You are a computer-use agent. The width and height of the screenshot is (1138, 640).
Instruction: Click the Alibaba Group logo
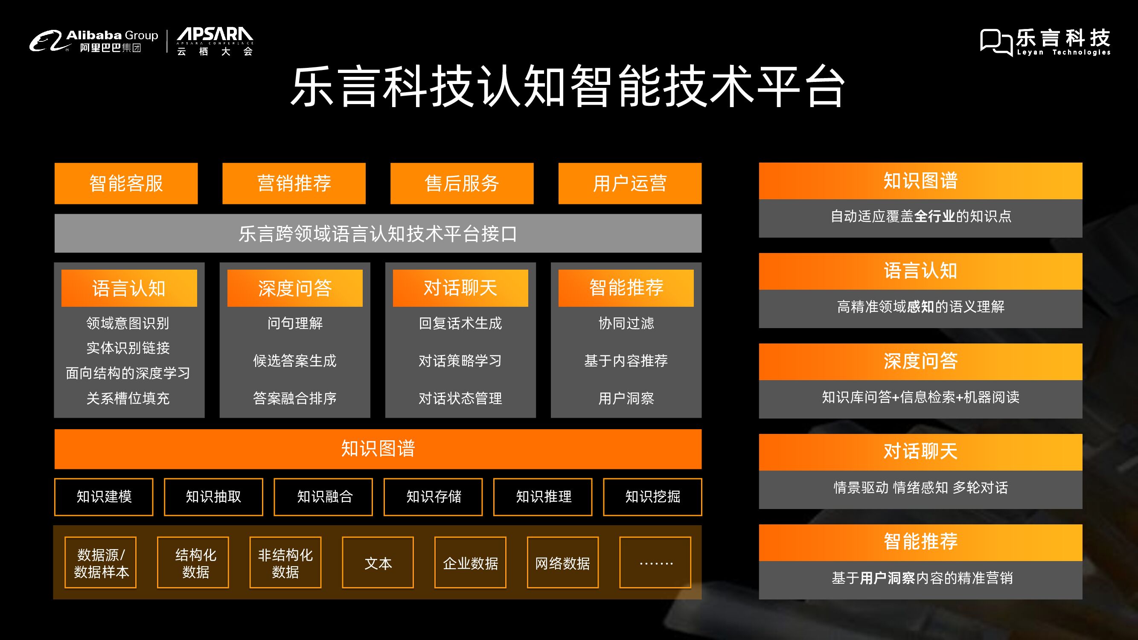pyautogui.click(x=93, y=41)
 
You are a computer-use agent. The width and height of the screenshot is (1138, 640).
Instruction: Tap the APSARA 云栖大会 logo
pyautogui.click(x=215, y=41)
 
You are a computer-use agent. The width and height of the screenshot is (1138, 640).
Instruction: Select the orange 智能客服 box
pyautogui.click(x=126, y=183)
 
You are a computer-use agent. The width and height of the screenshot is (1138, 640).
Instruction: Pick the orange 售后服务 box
pyautogui.click(x=462, y=183)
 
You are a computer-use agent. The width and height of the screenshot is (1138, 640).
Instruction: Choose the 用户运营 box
pyautogui.click(x=629, y=183)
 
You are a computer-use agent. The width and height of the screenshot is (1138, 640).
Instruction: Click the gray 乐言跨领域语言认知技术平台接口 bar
pyautogui.click(x=378, y=233)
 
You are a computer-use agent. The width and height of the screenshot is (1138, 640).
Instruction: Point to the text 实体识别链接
pyautogui.click(x=128, y=348)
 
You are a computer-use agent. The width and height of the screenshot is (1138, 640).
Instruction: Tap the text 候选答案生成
pyautogui.click(x=295, y=361)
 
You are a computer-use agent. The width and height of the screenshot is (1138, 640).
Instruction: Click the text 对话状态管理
pyautogui.click(x=460, y=399)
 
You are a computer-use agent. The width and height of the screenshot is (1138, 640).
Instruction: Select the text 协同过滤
pyautogui.click(x=626, y=323)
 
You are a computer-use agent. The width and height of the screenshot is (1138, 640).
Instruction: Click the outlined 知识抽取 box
pyautogui.click(x=213, y=497)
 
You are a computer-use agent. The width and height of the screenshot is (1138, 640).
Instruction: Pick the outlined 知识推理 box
pyautogui.click(x=543, y=497)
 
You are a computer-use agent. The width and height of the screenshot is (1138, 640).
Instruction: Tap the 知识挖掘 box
pyautogui.click(x=652, y=497)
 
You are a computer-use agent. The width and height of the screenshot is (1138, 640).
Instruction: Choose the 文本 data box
pyautogui.click(x=378, y=563)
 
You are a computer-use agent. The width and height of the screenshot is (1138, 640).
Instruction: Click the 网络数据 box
pyautogui.click(x=562, y=563)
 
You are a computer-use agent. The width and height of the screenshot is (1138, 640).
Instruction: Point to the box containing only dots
pyautogui.click(x=655, y=563)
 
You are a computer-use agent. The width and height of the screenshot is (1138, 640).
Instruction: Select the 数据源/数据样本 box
pyautogui.click(x=101, y=563)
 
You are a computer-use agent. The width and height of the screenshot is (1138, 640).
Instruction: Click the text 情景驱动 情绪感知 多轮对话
pyautogui.click(x=921, y=488)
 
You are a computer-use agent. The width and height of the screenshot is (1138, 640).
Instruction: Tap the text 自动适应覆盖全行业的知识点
pyautogui.click(x=921, y=216)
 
